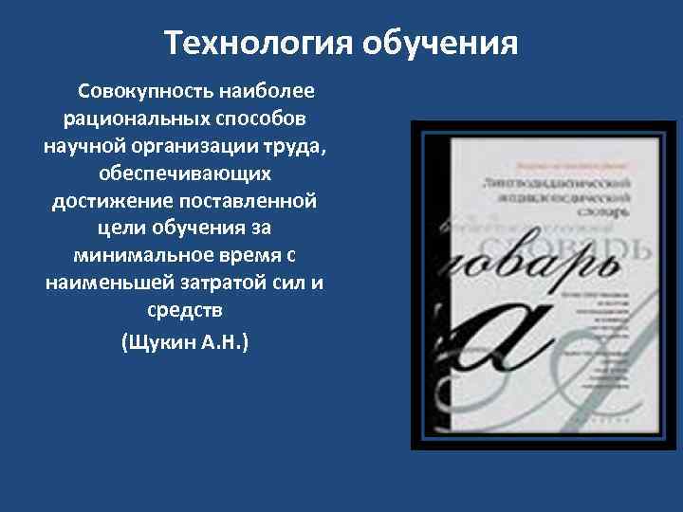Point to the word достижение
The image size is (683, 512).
click(103, 203)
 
